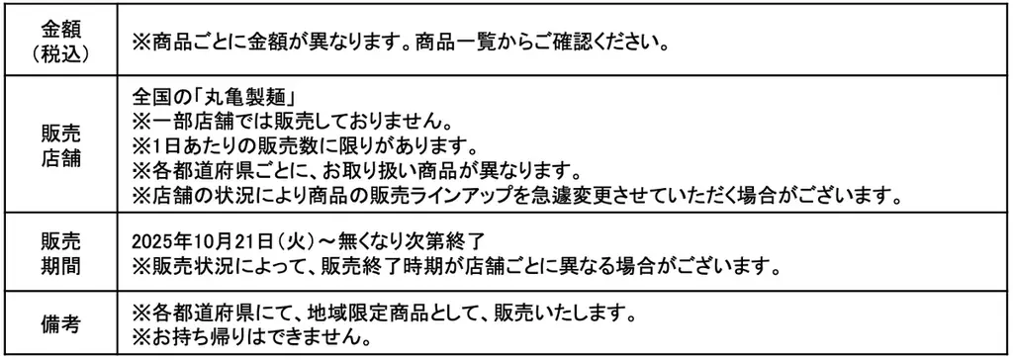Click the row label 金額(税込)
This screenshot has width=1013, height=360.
(59, 41)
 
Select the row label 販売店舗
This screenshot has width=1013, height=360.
(59, 146)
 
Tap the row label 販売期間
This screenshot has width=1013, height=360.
(59, 253)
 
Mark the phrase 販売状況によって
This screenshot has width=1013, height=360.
(217, 266)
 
